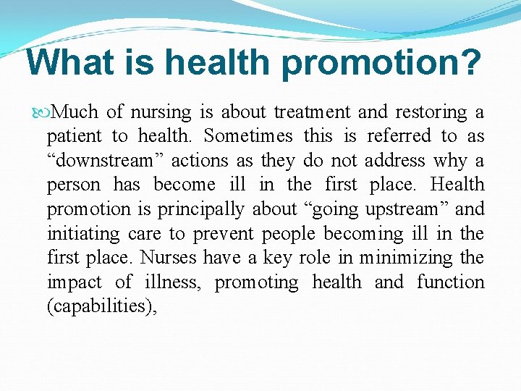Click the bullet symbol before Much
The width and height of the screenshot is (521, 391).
43,112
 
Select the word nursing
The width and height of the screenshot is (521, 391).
161,112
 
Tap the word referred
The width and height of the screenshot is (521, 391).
399,136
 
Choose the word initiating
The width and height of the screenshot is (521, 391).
77,234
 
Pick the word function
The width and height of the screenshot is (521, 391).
450,282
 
